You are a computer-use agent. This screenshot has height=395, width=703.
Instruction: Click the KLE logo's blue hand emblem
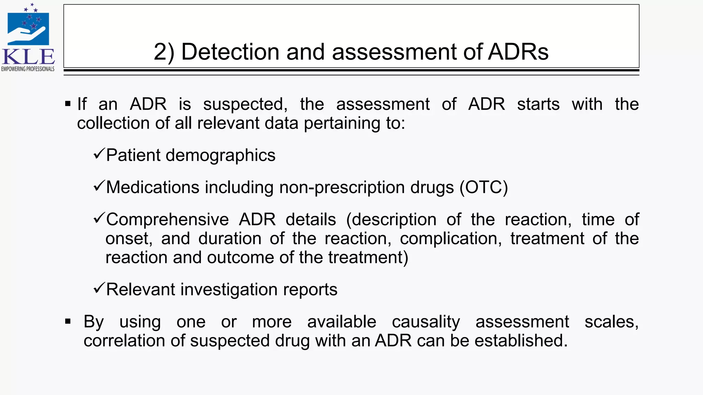tap(28, 29)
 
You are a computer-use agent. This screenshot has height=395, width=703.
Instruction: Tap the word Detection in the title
tap(230, 52)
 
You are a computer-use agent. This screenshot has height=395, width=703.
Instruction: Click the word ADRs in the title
tap(518, 52)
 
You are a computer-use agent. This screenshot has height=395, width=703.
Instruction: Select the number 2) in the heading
tap(164, 52)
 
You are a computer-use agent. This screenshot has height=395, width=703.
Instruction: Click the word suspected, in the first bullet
tap(245, 104)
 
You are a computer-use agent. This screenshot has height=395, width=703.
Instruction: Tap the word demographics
tap(220, 155)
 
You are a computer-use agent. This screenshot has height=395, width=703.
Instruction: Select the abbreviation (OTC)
tap(484, 187)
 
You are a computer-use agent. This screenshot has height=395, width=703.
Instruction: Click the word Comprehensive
tap(167, 219)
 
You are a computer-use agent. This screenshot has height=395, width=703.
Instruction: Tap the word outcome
tap(240, 257)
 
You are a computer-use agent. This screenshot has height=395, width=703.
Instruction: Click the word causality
tap(426, 322)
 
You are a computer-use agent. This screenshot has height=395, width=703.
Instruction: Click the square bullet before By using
tap(68, 322)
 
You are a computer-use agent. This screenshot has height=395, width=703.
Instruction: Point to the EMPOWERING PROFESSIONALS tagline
tap(28, 69)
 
